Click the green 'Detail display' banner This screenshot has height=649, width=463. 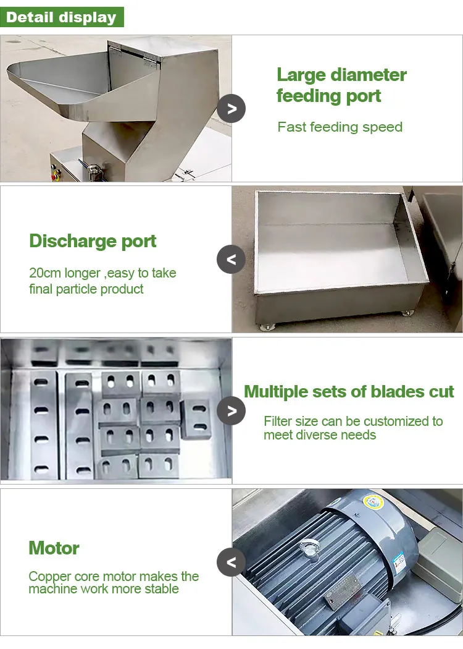pyautogui.click(x=62, y=17)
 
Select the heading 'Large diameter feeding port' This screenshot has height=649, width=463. pyautogui.click(x=341, y=85)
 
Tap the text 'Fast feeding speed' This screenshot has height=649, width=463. pyautogui.click(x=340, y=127)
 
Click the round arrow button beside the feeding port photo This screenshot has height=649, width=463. pyautogui.click(x=231, y=109)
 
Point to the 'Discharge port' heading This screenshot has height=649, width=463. pyautogui.click(x=93, y=241)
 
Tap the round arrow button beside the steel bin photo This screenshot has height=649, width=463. pyautogui.click(x=231, y=260)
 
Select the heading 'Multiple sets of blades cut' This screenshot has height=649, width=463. pyautogui.click(x=349, y=392)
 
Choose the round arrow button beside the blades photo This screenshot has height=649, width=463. pyautogui.click(x=231, y=411)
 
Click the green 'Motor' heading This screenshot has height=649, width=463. pyautogui.click(x=54, y=548)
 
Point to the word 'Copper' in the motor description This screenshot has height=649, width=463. pyautogui.click(x=49, y=576)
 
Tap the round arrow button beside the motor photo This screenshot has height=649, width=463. pyautogui.click(x=231, y=562)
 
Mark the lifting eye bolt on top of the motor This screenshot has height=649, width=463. pyautogui.click(x=307, y=545)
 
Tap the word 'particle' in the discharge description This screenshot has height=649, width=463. pyautogui.click(x=86, y=289)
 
